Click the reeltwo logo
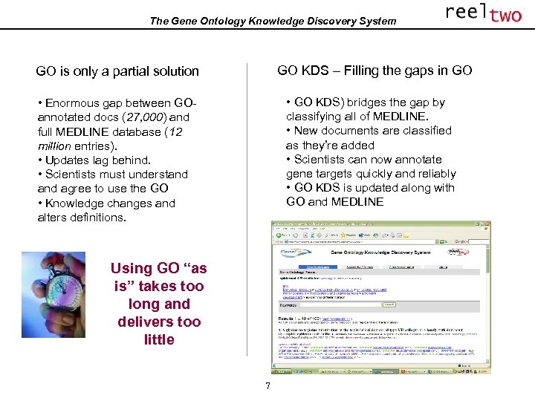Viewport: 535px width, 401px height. tap(483, 13)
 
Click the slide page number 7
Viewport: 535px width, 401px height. tap(268, 386)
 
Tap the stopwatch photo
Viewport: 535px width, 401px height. tap(53, 295)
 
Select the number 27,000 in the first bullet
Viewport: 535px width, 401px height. tap(140, 117)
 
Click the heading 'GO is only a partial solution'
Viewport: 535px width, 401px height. tap(117, 71)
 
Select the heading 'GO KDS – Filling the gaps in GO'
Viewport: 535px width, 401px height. tap(374, 71)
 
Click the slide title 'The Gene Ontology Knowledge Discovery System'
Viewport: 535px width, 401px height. tap(273, 21)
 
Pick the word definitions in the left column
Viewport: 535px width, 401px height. tap(96, 218)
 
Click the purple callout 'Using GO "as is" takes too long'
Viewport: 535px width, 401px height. tap(158, 286)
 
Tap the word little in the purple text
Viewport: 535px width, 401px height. tap(159, 339)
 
